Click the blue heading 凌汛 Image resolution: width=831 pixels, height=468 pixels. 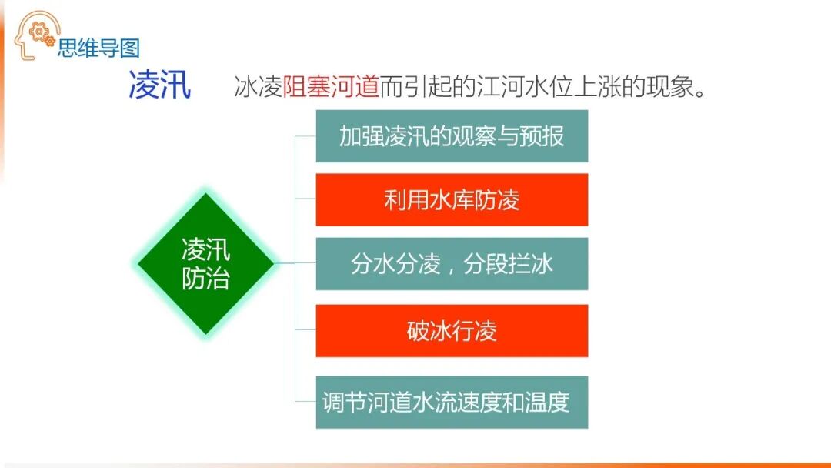[x=159, y=86]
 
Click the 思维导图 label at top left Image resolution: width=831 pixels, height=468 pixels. [x=98, y=48]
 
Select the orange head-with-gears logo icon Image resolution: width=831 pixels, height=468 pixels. [x=35, y=35]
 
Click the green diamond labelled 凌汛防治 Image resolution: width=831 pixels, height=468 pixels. [x=205, y=263]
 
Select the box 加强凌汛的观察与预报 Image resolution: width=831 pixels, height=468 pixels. [x=452, y=136]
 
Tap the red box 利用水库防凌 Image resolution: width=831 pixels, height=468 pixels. [x=452, y=200]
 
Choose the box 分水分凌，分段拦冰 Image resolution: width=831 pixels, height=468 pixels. [x=452, y=264]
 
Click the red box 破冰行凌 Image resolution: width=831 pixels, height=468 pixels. [x=452, y=330]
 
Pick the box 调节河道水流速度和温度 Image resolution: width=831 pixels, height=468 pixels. [x=452, y=402]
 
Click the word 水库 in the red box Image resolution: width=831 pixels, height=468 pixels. [x=452, y=200]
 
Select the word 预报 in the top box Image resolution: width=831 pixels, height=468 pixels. [x=542, y=136]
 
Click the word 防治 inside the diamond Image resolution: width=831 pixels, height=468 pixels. [x=205, y=278]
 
